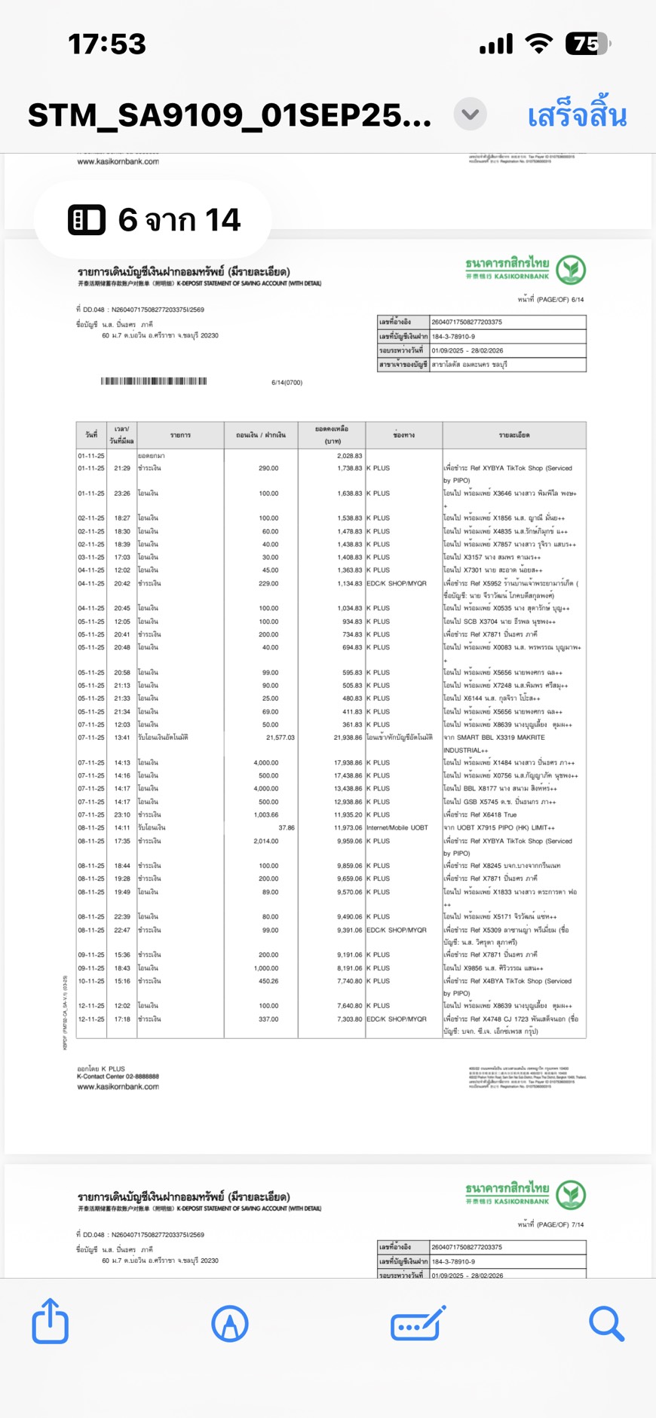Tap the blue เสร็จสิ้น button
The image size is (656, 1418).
click(x=577, y=115)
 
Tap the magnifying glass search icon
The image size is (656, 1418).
click(x=606, y=1323)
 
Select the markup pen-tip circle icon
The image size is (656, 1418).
click(x=230, y=1323)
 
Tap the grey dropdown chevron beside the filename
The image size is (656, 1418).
click(x=470, y=115)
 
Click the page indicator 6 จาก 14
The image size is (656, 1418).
click(x=154, y=220)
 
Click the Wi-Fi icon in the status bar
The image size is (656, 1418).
click(x=538, y=44)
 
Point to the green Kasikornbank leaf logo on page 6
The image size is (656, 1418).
click(x=571, y=269)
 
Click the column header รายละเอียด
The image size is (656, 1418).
click(x=513, y=435)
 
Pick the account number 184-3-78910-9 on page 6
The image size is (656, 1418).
click(x=453, y=337)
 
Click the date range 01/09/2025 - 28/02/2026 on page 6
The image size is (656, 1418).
click(x=467, y=350)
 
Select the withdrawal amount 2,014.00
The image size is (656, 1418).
click(x=265, y=841)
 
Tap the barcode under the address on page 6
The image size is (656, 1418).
click(x=154, y=381)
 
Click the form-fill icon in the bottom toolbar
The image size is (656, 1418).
click(x=418, y=1323)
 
